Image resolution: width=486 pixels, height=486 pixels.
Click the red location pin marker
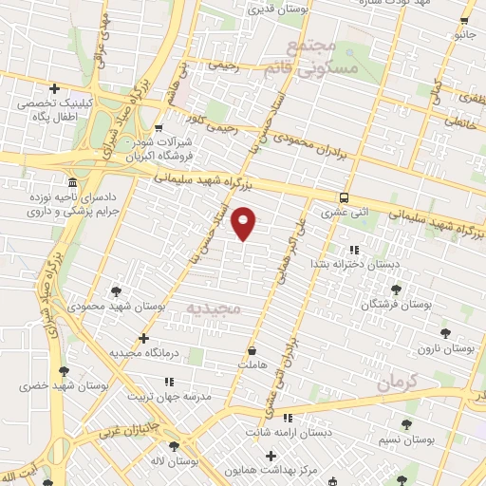(244, 224)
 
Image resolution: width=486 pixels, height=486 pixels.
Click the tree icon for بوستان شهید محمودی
(116, 290)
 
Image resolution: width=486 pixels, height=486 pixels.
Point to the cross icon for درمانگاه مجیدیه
(143, 338)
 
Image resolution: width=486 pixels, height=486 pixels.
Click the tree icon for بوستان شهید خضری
(64, 371)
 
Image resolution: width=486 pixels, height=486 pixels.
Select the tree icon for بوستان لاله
(174, 444)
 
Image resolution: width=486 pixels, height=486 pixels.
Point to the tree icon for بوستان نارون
(445, 333)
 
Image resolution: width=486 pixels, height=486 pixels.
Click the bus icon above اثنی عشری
(343, 197)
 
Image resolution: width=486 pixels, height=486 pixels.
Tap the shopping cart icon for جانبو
(462, 20)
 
